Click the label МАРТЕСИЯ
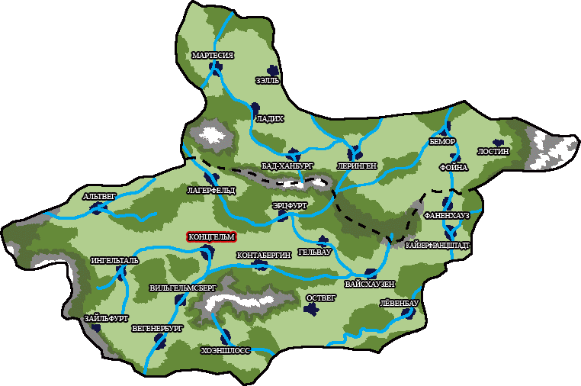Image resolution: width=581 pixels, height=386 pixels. (x=213, y=56)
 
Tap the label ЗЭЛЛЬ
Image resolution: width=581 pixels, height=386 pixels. (x=268, y=79)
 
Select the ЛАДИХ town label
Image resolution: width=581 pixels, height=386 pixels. (x=270, y=119)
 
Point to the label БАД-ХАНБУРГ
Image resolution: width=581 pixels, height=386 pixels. (x=287, y=165)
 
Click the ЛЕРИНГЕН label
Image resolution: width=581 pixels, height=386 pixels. (x=356, y=165)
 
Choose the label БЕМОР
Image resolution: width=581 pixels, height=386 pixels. (x=442, y=142)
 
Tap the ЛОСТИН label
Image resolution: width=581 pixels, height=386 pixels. (x=493, y=151)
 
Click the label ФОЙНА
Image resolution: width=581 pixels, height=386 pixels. (x=453, y=166)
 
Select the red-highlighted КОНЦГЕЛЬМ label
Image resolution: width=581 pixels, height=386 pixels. (x=211, y=236)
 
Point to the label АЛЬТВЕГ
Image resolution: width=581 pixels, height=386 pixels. (x=99, y=197)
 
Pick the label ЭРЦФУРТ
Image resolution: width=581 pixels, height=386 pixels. (x=289, y=206)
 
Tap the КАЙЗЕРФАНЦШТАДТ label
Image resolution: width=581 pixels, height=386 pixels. (x=438, y=246)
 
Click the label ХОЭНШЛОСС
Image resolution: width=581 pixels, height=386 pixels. (x=226, y=351)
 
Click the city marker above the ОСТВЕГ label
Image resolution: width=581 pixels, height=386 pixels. (x=311, y=309)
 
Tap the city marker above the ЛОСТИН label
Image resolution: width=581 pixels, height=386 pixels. (x=498, y=142)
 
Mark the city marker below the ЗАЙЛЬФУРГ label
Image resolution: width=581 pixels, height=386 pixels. (x=96, y=328)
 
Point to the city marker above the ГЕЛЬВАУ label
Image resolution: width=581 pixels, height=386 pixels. (x=323, y=240)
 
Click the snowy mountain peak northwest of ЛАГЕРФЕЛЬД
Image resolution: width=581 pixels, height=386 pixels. (x=213, y=136)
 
